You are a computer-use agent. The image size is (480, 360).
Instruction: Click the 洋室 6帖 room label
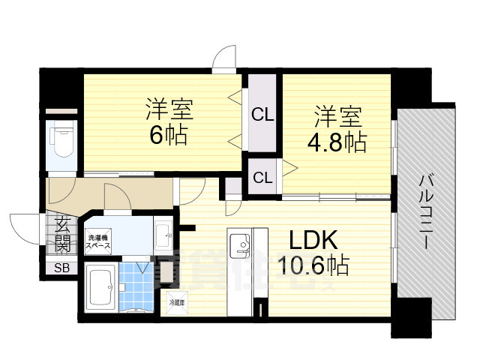169,123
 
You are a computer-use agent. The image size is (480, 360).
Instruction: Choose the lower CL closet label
262,178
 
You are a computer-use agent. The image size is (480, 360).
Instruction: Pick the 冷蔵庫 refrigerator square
177,307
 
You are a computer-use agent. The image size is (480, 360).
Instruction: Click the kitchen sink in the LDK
239,244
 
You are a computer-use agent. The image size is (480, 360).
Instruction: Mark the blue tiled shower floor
136,288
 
